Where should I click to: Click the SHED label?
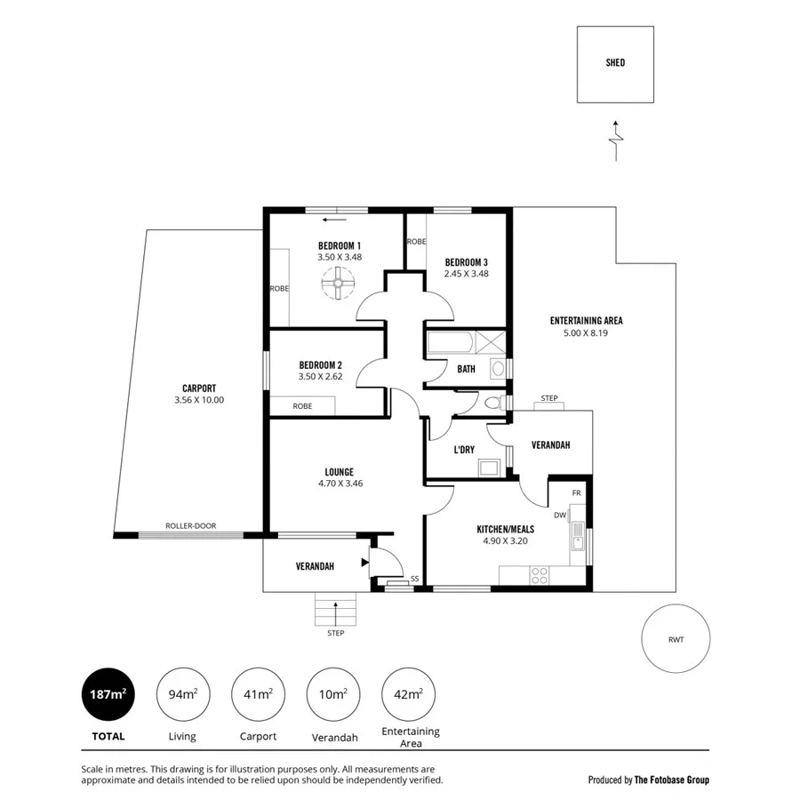point(615,62)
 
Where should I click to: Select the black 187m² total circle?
point(109,694)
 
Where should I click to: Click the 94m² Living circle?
point(183,694)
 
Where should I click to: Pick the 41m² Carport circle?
point(258,694)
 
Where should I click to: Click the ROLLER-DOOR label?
point(190,525)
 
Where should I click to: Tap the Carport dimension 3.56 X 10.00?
point(199,400)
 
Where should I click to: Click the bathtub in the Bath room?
point(452,343)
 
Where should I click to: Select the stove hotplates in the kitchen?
point(538,577)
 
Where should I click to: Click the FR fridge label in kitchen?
point(576,492)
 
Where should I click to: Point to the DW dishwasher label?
point(560,515)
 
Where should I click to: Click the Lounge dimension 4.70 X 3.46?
point(340,484)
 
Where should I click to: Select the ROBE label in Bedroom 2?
point(302,406)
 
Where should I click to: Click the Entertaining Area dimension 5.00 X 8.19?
point(586,332)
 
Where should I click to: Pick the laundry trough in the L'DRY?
point(488,466)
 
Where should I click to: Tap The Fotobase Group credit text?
point(671,780)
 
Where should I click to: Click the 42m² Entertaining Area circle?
point(409,694)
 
